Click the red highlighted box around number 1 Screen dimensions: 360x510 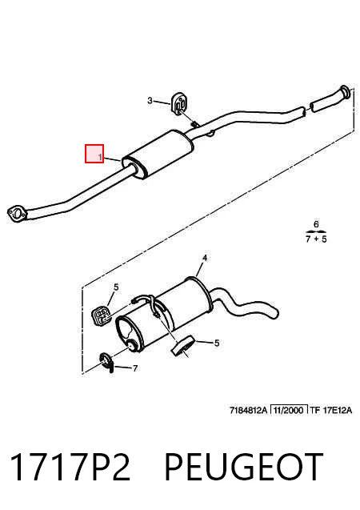point(94,154)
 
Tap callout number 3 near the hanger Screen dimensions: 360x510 point(150,100)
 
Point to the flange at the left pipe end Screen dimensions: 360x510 point(17,214)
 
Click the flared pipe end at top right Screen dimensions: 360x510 point(346,93)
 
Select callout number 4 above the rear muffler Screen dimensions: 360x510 point(204,258)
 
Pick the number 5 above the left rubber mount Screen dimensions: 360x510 point(116,287)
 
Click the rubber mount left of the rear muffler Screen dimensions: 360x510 point(100,315)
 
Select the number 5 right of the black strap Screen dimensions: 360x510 point(216,343)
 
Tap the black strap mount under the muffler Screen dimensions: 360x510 point(183,346)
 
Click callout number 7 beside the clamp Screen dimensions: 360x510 point(135,368)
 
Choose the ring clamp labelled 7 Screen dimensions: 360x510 point(106,362)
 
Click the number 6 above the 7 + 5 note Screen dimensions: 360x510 point(316,224)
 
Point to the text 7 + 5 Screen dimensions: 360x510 point(316,239)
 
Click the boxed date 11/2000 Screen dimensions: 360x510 point(289,410)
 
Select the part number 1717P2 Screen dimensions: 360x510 point(70,467)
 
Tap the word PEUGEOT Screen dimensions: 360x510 point(244,467)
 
